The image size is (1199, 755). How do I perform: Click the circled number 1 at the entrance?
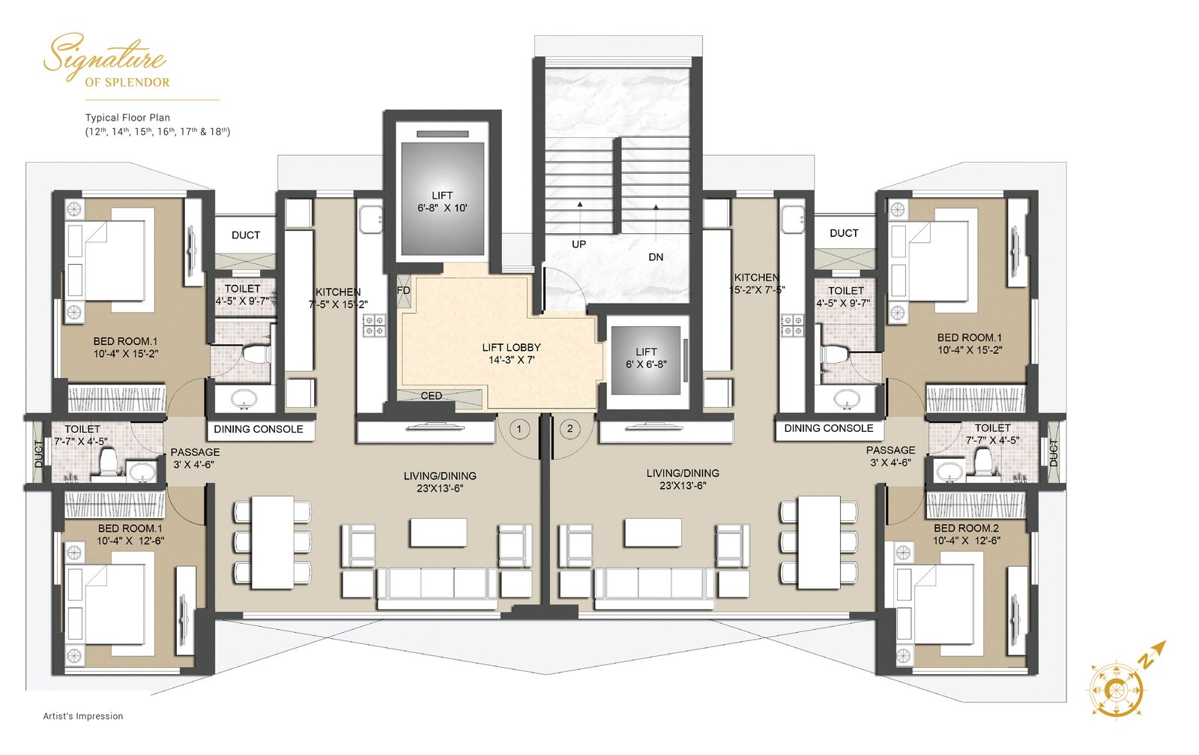519,428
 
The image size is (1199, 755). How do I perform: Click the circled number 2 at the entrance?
570,428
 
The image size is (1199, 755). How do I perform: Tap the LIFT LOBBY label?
511,348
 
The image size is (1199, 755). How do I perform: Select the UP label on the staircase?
579,244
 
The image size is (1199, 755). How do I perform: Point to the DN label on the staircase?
656,257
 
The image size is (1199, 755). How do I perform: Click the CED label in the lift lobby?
431,396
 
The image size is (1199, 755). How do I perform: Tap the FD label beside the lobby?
404,290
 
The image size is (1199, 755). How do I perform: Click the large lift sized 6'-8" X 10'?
443,198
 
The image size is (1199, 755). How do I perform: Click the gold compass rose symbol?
1116,690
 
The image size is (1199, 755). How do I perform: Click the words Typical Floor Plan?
127,117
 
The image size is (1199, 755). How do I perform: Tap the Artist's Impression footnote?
83,716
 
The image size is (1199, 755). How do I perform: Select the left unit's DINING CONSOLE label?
259,430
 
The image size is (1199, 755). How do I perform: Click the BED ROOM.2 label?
966,528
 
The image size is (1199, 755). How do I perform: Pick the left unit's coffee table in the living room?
438,532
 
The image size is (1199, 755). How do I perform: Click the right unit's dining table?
819,542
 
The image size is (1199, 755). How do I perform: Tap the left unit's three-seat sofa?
438,587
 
